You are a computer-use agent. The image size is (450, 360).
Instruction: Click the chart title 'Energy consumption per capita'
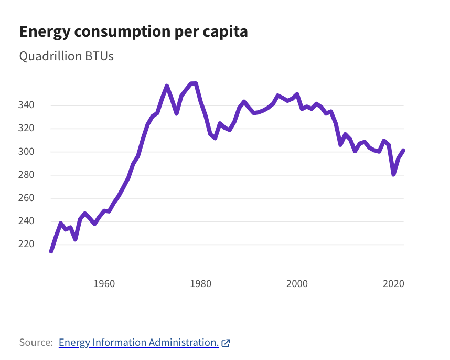click(x=133, y=31)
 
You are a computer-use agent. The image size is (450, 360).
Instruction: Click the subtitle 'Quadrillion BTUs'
click(x=66, y=56)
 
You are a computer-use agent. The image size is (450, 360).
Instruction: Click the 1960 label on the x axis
click(x=104, y=284)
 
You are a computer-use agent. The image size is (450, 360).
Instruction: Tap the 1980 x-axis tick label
click(x=200, y=284)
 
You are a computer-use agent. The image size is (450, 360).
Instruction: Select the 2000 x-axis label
click(x=297, y=284)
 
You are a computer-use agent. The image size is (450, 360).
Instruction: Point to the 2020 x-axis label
click(x=394, y=284)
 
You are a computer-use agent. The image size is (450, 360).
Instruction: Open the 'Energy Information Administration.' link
click(x=138, y=343)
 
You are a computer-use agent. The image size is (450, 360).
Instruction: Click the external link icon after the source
click(x=226, y=343)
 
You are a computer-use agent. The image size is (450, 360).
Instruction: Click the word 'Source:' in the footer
click(x=36, y=343)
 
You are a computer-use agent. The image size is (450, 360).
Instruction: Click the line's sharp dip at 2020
click(x=393, y=174)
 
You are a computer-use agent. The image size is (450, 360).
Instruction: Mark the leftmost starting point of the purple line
click(x=51, y=251)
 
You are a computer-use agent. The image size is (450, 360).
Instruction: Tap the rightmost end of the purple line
click(x=403, y=151)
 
